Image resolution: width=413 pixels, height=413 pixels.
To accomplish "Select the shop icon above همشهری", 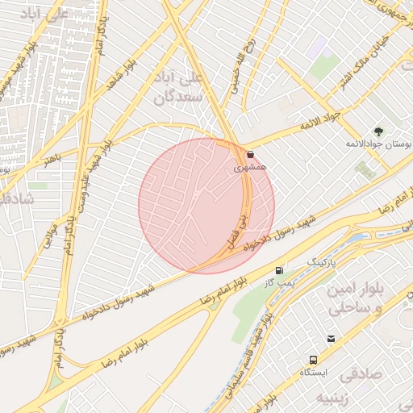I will click(x=250, y=154).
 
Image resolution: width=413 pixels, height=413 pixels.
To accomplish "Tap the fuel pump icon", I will click(x=279, y=271).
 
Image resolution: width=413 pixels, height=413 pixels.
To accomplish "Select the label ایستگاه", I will click(x=313, y=373).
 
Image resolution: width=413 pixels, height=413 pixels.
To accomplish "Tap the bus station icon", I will click(x=312, y=360).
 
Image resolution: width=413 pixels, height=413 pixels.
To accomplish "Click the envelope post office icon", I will click(x=331, y=338).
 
